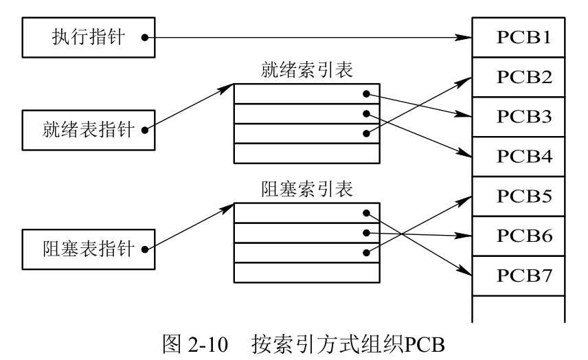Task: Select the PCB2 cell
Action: tap(519, 77)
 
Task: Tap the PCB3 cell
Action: tap(519, 117)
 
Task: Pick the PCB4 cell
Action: tap(519, 157)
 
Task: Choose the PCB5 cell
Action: tap(519, 196)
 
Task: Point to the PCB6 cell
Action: tap(519, 236)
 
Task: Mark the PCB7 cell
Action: tap(519, 275)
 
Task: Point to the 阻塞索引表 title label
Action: tap(306, 189)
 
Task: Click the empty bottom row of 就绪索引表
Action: tap(306, 153)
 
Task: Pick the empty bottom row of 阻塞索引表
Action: tap(306, 272)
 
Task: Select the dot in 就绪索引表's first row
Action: tap(367, 93)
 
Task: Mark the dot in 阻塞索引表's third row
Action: tap(367, 253)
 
